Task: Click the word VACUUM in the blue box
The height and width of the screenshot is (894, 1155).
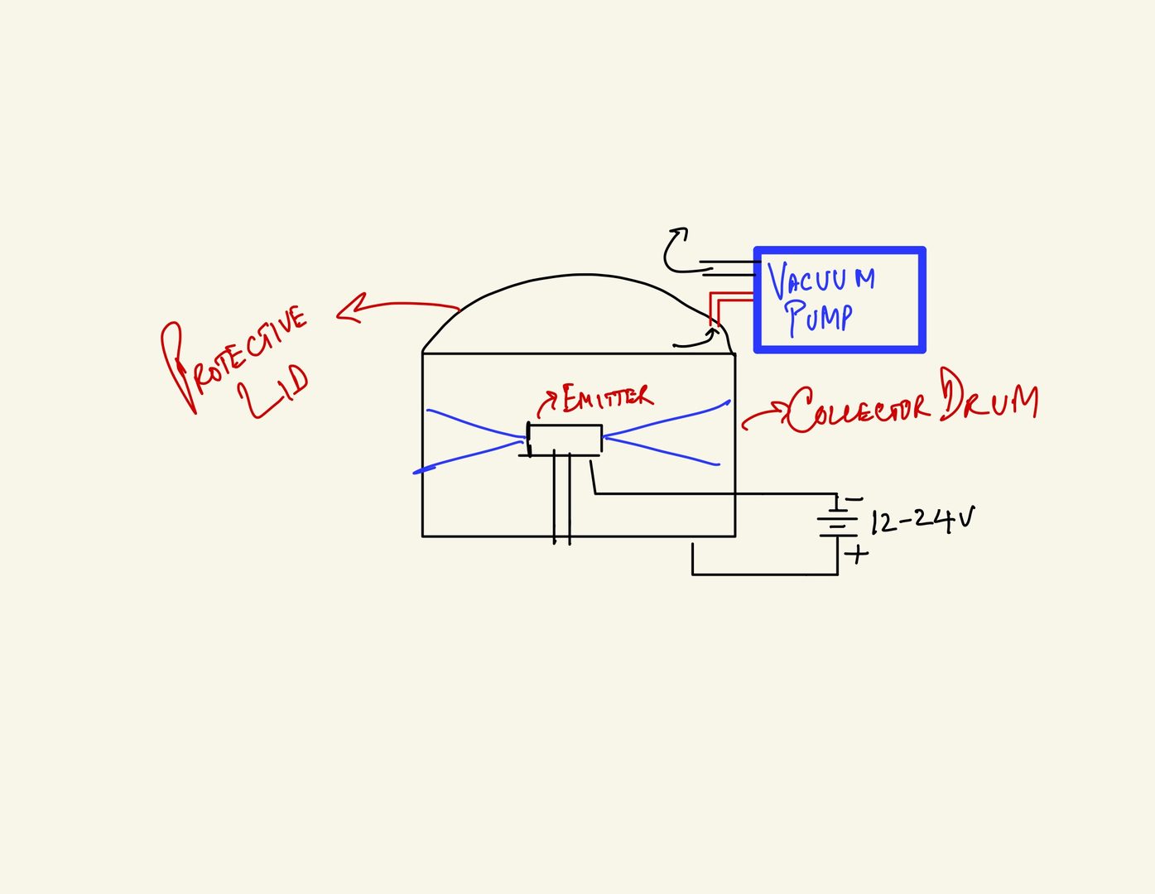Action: [x=821, y=280]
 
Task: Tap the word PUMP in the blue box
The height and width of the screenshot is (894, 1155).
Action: [x=819, y=317]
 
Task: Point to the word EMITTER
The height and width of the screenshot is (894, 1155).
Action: [x=607, y=397]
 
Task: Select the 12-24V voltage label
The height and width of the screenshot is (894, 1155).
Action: [x=922, y=521]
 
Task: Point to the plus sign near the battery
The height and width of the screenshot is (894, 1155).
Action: [x=858, y=553]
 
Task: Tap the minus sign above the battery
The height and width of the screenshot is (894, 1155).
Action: [x=854, y=499]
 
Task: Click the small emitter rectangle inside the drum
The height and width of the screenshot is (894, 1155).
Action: [x=565, y=440]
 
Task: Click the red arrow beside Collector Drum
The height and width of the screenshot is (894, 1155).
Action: [x=763, y=416]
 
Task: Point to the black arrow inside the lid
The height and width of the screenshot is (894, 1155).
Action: [x=695, y=340]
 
